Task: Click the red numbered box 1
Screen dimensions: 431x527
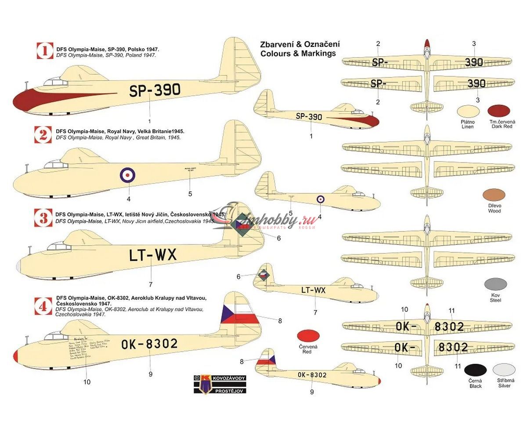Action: click(44, 51)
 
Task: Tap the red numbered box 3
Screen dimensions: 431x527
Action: click(43, 218)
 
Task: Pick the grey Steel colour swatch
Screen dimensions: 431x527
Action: click(495, 285)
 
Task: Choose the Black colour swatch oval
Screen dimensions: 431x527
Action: click(476, 371)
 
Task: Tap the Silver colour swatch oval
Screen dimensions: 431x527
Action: click(504, 371)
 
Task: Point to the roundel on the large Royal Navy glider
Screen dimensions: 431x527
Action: click(127, 176)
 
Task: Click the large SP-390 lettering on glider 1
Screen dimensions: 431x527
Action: click(155, 90)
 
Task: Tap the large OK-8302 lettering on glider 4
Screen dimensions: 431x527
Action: click(149, 344)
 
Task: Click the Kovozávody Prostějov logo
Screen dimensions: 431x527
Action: click(220, 384)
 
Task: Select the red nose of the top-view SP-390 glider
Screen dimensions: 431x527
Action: click(427, 45)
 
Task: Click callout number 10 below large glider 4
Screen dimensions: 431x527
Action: click(87, 382)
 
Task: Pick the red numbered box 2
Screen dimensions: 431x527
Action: click(43, 134)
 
